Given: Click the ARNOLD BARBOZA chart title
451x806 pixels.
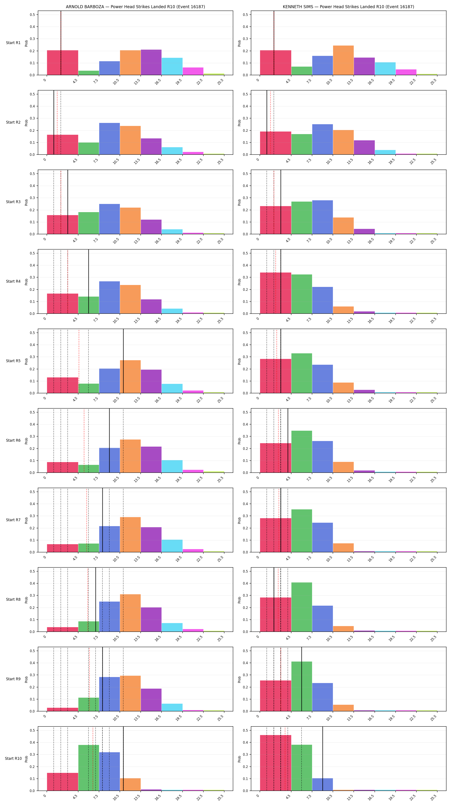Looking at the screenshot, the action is tap(135, 7).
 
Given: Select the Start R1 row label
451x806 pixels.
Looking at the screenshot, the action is tap(13, 43).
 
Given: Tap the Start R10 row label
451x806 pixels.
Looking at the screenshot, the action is tap(14, 758).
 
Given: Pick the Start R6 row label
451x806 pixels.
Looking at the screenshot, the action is tap(13, 440).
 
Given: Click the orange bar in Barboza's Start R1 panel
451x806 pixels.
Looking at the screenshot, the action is tap(130, 63).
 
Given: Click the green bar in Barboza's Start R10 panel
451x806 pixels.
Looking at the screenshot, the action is tap(89, 768).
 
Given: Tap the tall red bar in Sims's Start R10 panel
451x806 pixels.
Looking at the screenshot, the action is tap(275, 763).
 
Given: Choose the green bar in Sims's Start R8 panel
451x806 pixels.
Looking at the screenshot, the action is tap(302, 607).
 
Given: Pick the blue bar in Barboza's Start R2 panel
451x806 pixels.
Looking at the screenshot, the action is tap(109, 139).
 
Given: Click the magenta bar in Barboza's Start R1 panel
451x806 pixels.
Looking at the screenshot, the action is tap(193, 71).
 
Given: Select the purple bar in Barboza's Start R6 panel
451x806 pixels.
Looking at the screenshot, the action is tap(151, 459).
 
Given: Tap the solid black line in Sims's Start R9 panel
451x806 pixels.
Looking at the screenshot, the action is tap(302, 679).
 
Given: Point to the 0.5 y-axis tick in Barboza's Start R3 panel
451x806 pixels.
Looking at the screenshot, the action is tap(32, 174).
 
